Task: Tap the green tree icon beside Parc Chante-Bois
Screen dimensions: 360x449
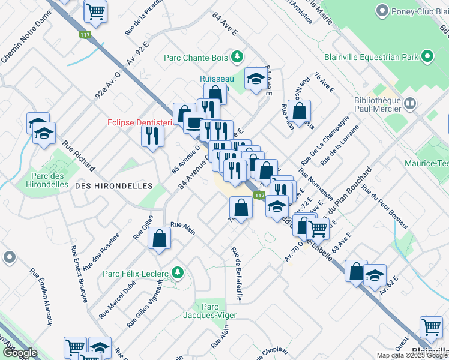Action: tap(238, 57)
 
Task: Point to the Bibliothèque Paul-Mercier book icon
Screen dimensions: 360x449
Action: tap(410, 104)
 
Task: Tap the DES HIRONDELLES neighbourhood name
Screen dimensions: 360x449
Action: tap(113, 186)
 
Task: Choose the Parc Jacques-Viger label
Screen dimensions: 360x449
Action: tap(211, 310)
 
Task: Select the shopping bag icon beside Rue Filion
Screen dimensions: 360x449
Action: tap(299, 111)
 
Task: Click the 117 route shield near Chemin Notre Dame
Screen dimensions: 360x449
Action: tap(84, 35)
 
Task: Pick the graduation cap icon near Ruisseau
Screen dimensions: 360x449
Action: tap(255, 79)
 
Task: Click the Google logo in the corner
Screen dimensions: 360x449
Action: tap(20, 352)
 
